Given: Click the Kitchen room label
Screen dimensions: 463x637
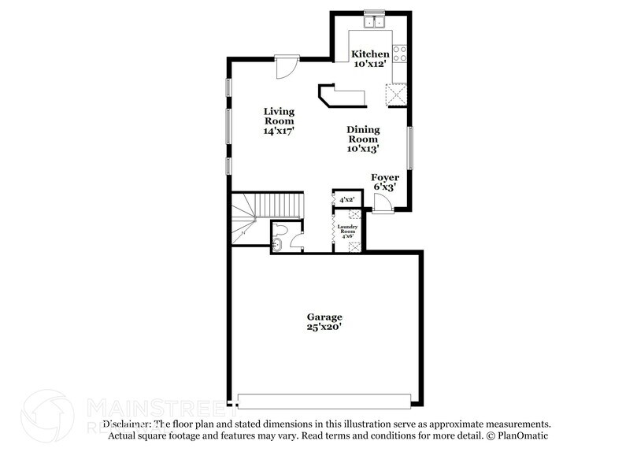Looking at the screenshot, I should pos(369,54).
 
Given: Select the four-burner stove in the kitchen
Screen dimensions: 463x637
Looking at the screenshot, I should pos(399,54).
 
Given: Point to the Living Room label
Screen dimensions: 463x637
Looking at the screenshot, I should pos(279,116).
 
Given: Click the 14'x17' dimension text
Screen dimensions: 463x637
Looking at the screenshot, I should pos(279,131).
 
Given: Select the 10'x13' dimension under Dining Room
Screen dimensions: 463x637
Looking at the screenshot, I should pos(363,148).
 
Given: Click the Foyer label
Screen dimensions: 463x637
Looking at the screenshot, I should pos(385,177).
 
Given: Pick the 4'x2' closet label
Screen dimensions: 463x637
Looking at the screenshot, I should pos(346,200).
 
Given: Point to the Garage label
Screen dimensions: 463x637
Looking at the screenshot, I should pos(324,317).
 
